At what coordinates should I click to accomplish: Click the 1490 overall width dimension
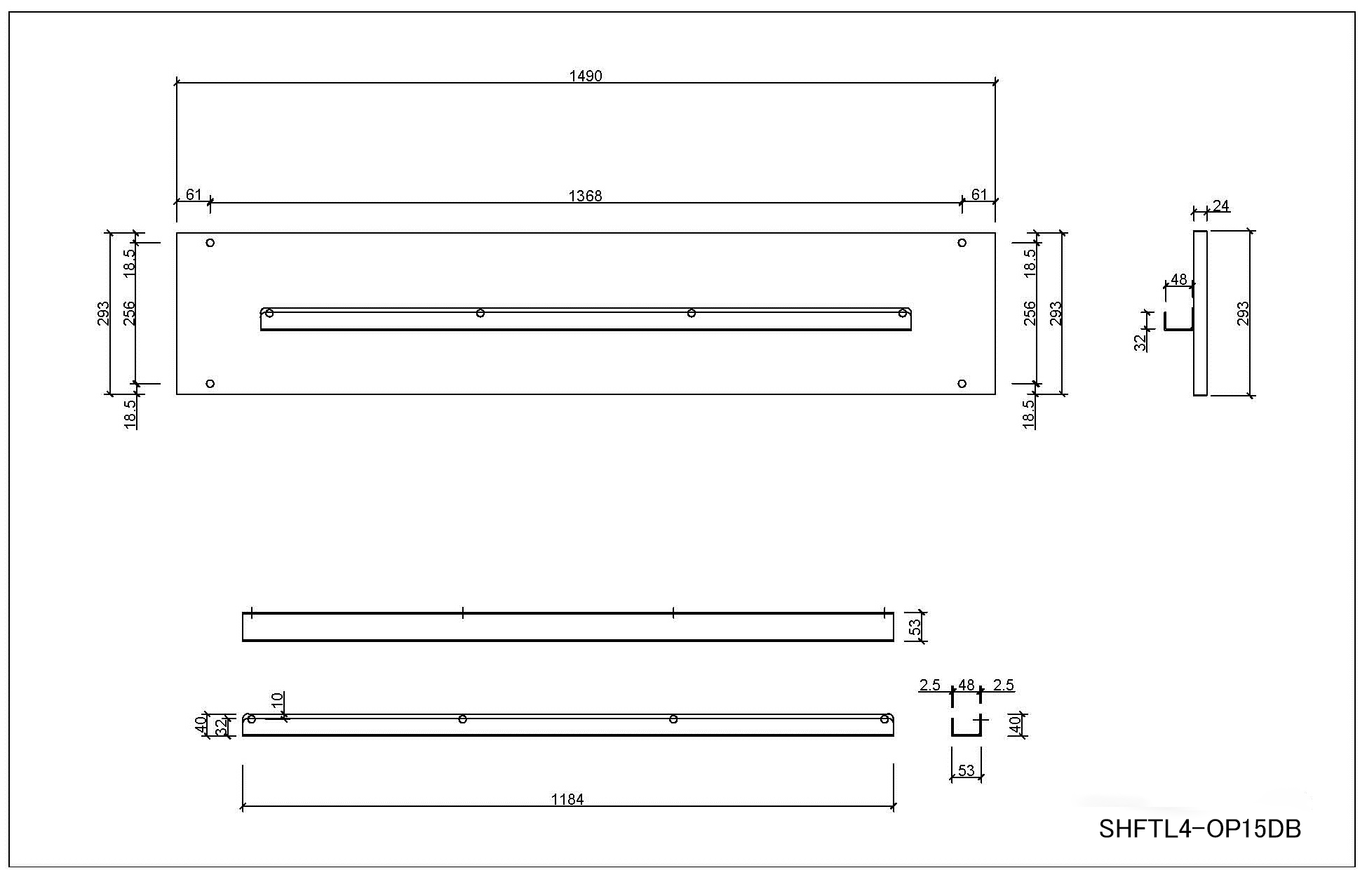[586, 76]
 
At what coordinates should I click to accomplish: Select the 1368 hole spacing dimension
[585, 196]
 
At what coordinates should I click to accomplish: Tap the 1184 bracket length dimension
[567, 799]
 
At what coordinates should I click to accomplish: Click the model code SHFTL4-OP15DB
[1200, 829]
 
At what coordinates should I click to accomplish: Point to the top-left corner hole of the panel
[210, 243]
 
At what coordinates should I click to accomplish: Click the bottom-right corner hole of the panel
[962, 384]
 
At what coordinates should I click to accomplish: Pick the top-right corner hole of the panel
[962, 243]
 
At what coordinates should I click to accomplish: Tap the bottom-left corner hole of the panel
[210, 384]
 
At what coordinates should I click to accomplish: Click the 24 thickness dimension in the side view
[1221, 206]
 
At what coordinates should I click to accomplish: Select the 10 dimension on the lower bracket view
[278, 701]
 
